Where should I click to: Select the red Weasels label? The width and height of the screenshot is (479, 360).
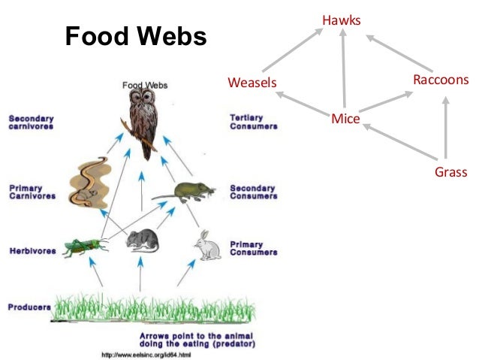coord(252,82)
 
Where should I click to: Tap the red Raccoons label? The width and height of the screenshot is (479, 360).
coord(441,80)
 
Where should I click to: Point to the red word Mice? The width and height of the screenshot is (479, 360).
coord(345,119)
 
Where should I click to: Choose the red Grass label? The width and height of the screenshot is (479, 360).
coord(450,173)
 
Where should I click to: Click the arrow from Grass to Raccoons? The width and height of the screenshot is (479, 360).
coord(446,128)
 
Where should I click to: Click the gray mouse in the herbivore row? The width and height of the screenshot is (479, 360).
coord(143,240)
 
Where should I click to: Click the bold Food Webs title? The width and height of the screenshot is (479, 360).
coord(135,35)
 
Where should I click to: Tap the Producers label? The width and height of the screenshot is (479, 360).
coord(29,307)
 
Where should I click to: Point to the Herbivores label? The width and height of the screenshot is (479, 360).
coord(32,250)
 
